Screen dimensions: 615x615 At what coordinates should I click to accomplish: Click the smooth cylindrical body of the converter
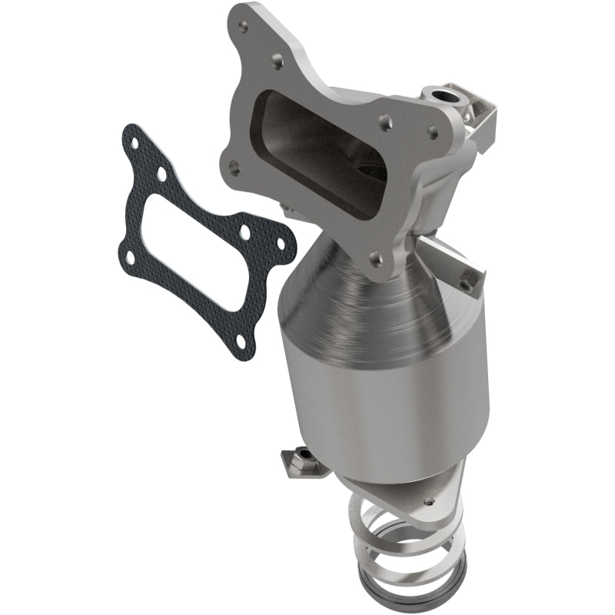coord(384,384)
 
